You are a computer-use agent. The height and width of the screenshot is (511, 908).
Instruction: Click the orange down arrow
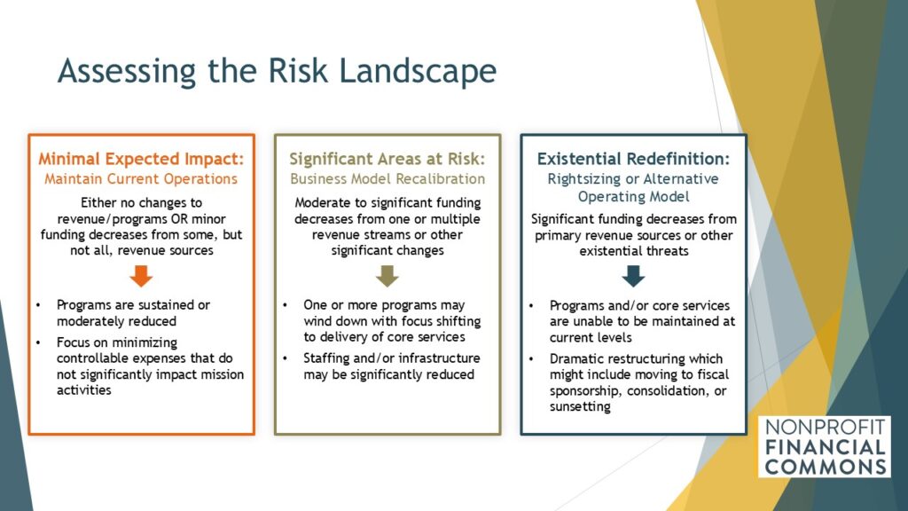141,277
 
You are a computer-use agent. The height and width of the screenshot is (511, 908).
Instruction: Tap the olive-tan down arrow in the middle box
387,277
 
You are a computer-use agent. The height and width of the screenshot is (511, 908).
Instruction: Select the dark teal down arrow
633,277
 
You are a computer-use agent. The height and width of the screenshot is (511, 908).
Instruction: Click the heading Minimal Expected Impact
141,159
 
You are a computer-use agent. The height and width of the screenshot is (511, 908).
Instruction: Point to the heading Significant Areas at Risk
387,159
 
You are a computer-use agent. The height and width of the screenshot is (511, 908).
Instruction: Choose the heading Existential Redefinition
633,159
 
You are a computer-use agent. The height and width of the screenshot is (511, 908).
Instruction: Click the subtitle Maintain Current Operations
141,179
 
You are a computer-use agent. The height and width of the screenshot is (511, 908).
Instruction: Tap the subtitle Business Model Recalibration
387,179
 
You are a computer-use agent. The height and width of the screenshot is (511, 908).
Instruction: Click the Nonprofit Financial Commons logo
825,447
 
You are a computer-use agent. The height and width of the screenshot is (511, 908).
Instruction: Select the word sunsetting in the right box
580,406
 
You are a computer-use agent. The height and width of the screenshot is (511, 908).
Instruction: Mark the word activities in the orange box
84,390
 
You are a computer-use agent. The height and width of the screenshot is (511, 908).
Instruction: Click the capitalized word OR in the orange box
180,219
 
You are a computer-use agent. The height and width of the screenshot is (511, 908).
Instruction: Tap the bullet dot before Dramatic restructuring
531,359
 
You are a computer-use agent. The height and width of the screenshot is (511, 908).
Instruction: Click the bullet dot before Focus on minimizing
38,343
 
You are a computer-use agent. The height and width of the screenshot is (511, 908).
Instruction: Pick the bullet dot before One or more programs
285,305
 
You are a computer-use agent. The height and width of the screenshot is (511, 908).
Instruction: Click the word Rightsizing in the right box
582,179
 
